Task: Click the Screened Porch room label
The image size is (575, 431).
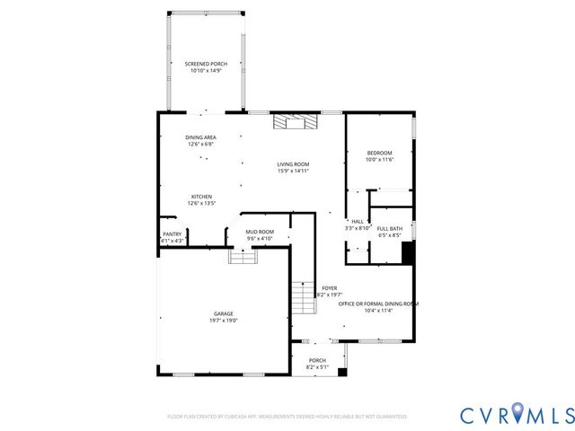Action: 206,64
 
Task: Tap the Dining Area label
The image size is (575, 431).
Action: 200,137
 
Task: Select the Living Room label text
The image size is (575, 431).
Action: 293,164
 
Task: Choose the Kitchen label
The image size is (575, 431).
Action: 200,197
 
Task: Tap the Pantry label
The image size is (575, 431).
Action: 171,234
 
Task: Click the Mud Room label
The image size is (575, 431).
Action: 260,232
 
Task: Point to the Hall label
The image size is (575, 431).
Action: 357,221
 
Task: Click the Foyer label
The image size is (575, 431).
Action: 330,287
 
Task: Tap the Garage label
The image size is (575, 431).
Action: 224,313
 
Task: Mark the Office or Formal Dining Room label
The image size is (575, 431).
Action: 378,303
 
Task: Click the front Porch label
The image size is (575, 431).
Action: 318,360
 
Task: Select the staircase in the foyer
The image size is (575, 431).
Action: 304,296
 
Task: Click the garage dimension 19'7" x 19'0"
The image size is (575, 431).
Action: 224,321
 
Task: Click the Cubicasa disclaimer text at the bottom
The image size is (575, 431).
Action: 287,417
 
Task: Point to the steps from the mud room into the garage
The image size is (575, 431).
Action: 243,257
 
